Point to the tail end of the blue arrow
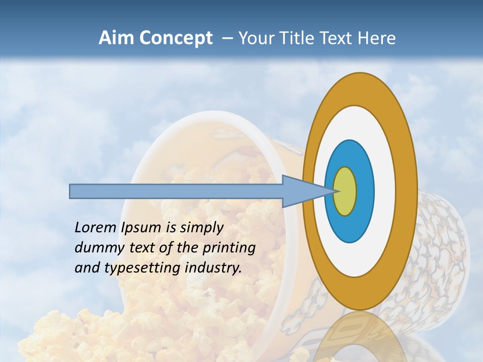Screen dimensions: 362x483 [x=71, y=191]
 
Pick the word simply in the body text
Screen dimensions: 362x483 [x=201, y=228]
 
